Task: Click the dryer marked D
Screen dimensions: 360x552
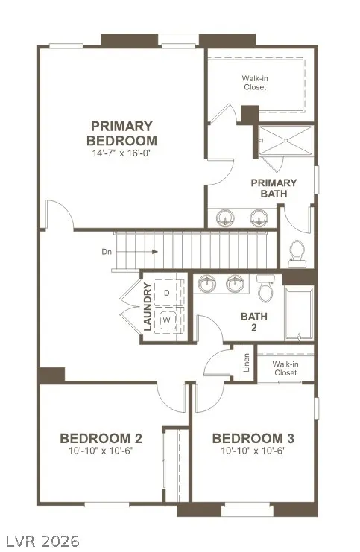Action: [167, 293]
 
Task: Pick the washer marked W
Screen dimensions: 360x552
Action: [167, 320]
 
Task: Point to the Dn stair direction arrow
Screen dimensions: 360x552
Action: [136, 252]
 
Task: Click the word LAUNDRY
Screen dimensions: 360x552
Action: [148, 307]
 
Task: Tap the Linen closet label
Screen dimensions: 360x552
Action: [246, 363]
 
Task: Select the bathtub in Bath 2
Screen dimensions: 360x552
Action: [299, 314]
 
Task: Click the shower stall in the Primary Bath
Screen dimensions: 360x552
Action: [286, 140]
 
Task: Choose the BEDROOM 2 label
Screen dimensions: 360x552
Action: [101, 439]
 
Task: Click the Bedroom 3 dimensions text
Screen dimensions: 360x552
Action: [253, 451]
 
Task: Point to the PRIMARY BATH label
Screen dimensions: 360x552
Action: [274, 188]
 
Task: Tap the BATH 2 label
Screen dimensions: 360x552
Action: [254, 322]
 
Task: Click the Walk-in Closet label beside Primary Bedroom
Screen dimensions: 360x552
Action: [255, 83]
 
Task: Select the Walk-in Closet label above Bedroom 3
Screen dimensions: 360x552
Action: [285, 368]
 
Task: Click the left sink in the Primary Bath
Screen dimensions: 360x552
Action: [225, 218]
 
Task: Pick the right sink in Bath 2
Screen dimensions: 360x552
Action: [235, 284]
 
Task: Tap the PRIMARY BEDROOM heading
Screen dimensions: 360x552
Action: [121, 133]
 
